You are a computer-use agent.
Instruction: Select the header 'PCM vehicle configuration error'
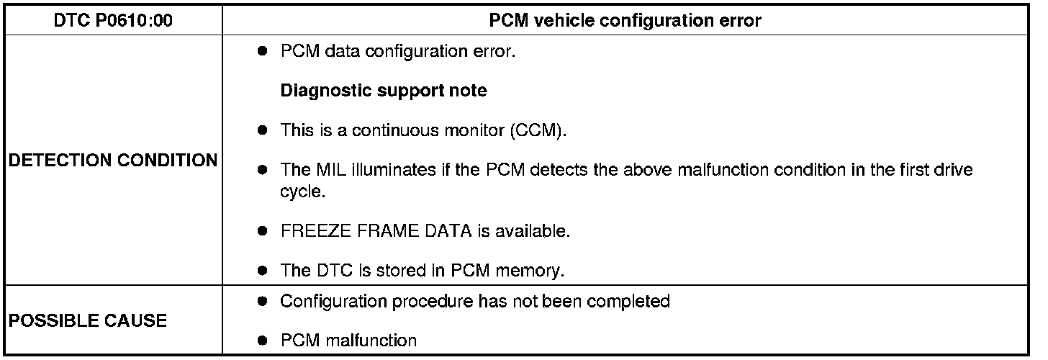tap(625, 21)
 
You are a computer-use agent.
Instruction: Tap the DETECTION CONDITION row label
tap(113, 161)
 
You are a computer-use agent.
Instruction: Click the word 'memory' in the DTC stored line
tap(538, 271)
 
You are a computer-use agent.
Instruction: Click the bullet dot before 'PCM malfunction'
tap(264, 340)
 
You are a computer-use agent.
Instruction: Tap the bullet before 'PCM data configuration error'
tap(264, 53)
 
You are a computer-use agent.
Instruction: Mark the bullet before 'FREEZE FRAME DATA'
tap(264, 233)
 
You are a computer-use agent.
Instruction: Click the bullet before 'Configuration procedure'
tap(264, 301)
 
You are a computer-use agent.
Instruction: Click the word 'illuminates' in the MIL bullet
tap(381, 170)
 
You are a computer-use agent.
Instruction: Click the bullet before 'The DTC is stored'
tap(264, 271)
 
